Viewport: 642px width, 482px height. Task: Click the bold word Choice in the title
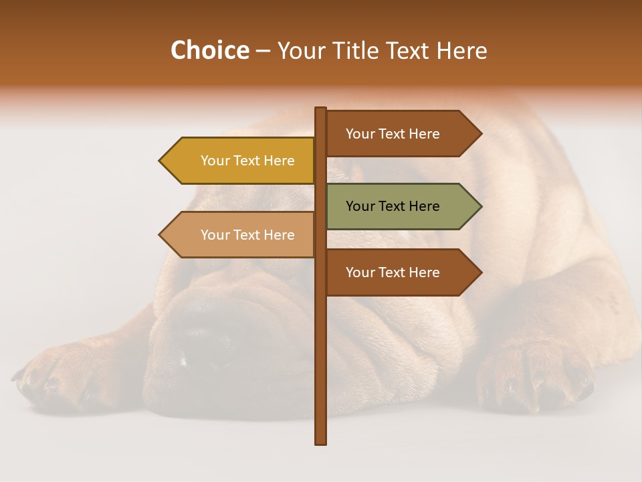coord(209,50)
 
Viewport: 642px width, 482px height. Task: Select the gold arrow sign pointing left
coord(247,161)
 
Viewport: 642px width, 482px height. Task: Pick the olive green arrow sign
coord(393,206)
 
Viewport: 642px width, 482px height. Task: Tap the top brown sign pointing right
coord(393,134)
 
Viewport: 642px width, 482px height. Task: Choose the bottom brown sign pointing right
coord(393,272)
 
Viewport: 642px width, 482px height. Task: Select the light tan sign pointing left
coord(247,235)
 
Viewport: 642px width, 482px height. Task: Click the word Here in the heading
coord(461,50)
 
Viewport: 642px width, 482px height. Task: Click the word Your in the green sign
coord(360,206)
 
